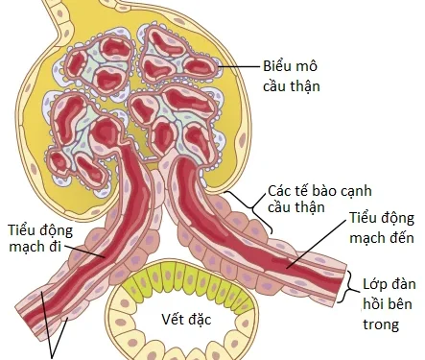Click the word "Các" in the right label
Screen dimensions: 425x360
(x=281, y=189)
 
